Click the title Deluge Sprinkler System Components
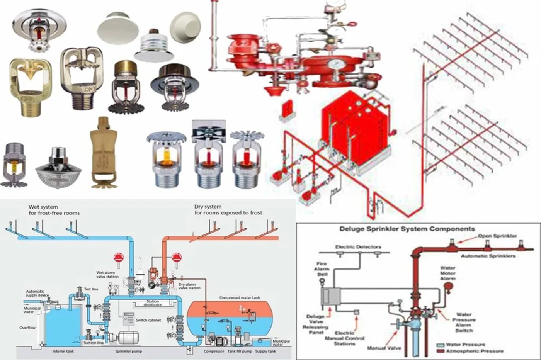click(407, 229)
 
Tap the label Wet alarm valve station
click(107, 275)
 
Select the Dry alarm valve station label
click(189, 286)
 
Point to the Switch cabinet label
click(148, 320)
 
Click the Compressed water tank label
click(240, 298)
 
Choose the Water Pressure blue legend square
click(440, 345)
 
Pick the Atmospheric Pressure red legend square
click(440, 351)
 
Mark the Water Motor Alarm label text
click(448, 273)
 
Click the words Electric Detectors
click(358, 247)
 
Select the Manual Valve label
click(384, 348)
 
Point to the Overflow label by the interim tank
click(27, 328)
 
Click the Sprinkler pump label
click(129, 352)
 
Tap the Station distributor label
click(153, 303)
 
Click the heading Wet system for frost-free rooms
click(54, 210)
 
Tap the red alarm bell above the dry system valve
click(177, 258)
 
